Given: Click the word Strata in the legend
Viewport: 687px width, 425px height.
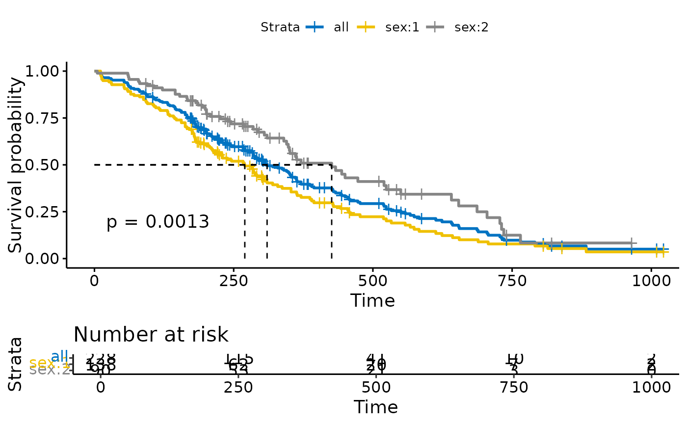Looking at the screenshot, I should tap(280, 27).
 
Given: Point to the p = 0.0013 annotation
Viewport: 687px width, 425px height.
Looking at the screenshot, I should tap(158, 222).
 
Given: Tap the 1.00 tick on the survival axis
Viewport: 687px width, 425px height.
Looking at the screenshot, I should tap(41, 72).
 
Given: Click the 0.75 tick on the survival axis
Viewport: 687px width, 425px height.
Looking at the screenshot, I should tap(41, 118).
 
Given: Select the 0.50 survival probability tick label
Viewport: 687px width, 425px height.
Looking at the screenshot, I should tap(41, 165).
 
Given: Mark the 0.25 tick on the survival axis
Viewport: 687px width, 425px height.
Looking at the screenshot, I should tap(41, 212).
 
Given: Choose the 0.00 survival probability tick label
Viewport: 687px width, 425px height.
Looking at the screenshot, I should tap(41, 259).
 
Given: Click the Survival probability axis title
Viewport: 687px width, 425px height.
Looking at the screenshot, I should tap(16, 165).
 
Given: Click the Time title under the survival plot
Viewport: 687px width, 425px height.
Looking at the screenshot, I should tap(372, 300).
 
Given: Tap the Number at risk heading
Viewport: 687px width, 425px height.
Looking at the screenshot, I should tap(151, 335).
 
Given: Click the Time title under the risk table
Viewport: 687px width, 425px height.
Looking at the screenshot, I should tap(376, 407).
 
